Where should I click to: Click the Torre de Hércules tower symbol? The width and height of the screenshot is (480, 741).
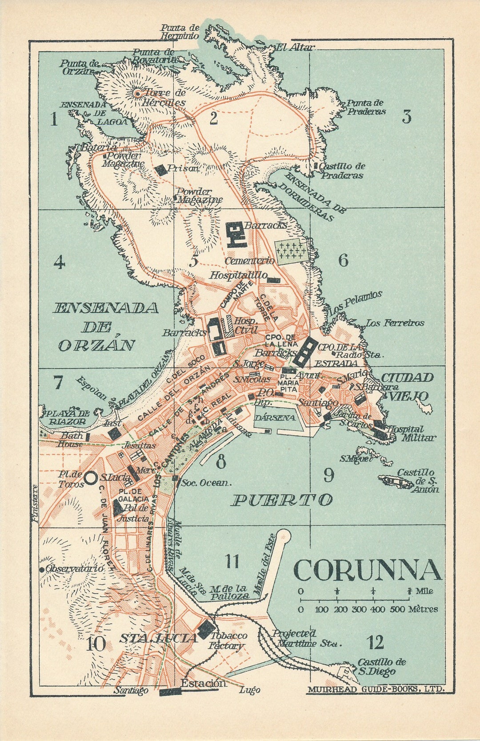point(138,93)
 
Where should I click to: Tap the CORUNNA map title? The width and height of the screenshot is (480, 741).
point(367,571)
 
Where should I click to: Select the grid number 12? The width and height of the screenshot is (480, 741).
point(376,642)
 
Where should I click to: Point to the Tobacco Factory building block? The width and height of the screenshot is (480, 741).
point(206,629)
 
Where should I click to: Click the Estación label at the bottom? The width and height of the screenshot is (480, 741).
point(204,683)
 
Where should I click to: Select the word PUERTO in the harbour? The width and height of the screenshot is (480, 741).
point(282,500)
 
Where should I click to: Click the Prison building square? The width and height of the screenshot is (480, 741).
point(160,169)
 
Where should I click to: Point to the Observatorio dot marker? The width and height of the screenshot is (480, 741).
point(42,569)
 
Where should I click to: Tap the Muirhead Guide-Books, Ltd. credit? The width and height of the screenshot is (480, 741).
point(374,689)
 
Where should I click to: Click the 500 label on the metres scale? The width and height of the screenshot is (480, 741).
point(397,610)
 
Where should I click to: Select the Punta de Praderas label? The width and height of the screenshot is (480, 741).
point(366,107)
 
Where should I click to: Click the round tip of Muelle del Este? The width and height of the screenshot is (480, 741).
point(284,535)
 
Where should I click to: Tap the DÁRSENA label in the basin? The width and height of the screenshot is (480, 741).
point(275,418)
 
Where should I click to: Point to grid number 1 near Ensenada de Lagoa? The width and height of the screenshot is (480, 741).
point(54,119)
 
